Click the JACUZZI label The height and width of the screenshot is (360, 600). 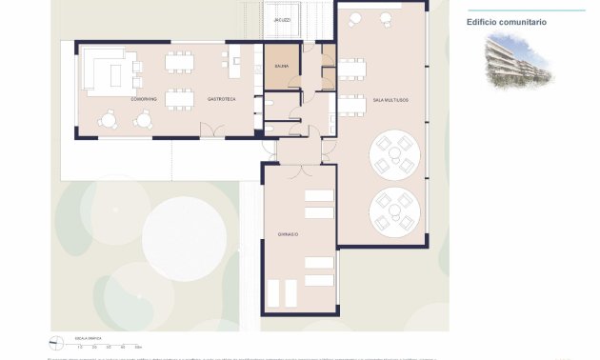coord(282,20)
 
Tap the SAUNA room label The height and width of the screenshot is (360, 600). coord(282,67)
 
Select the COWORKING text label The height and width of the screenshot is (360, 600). coord(143,99)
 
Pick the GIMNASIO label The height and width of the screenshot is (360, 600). coord(289,234)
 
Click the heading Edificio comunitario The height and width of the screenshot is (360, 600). coord(507,21)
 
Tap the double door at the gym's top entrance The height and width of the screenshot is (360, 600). coord(299,168)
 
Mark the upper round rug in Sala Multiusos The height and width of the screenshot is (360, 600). coord(395,155)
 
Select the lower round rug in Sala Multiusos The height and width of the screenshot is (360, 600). coord(395,211)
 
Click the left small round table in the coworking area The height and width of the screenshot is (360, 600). coord(110,118)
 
